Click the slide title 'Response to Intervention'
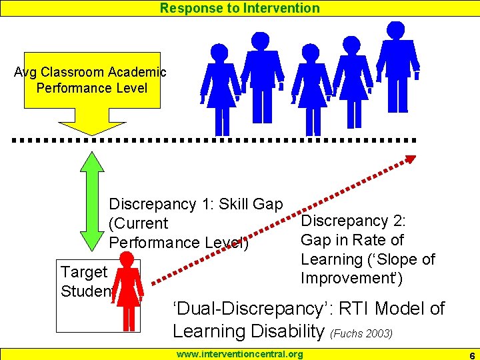pyautogui.click(x=240, y=8)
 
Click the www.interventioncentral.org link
pyautogui.click(x=239, y=354)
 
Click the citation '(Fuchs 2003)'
pyautogui.click(x=361, y=333)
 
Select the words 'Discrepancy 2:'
pyautogui.click(x=354, y=221)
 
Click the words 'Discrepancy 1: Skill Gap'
pyautogui.click(x=196, y=203)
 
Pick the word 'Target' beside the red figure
pyautogui.click(x=83, y=272)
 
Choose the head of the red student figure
pyautogui.click(x=127, y=259)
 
